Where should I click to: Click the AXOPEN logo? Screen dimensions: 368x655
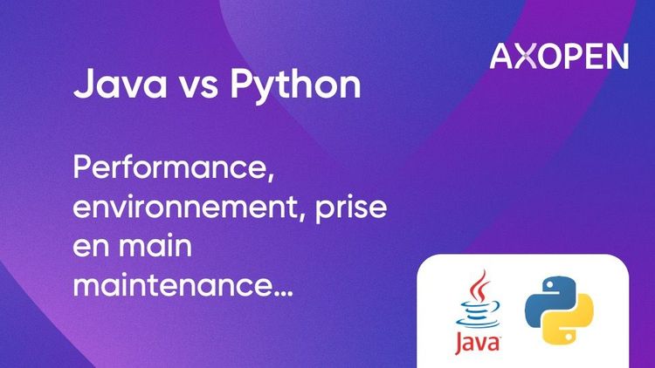click(x=559, y=56)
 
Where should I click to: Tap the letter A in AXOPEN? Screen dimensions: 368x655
click(x=504, y=56)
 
